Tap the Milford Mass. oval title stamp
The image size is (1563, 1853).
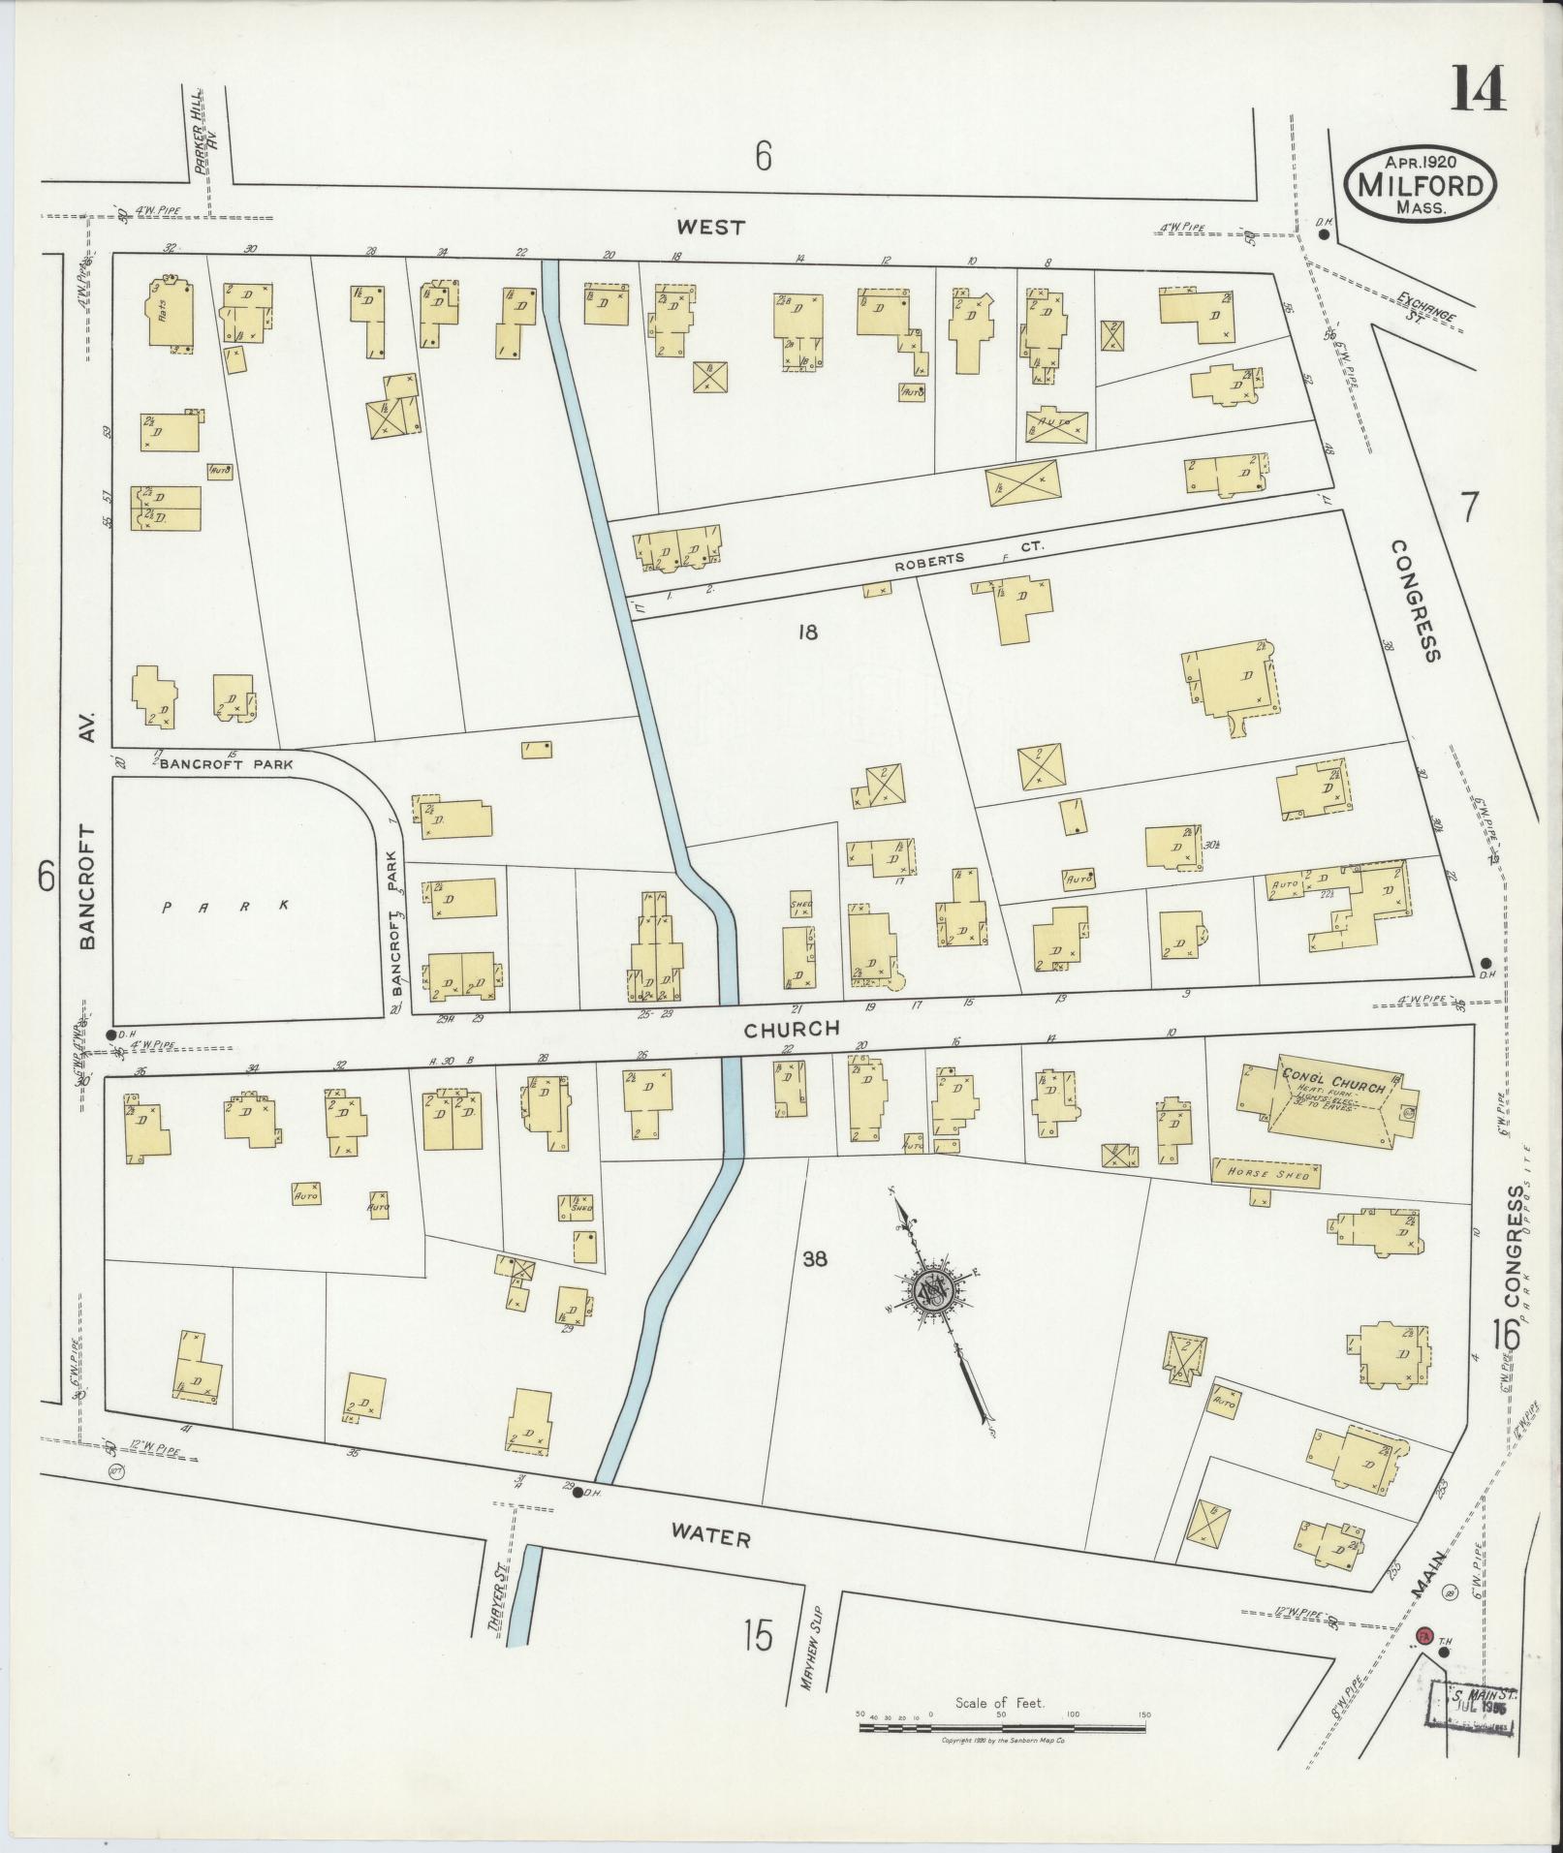tap(1421, 185)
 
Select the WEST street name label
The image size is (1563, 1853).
tap(711, 228)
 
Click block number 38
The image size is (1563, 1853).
tap(815, 1259)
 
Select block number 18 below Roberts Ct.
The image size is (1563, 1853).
tap(807, 633)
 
